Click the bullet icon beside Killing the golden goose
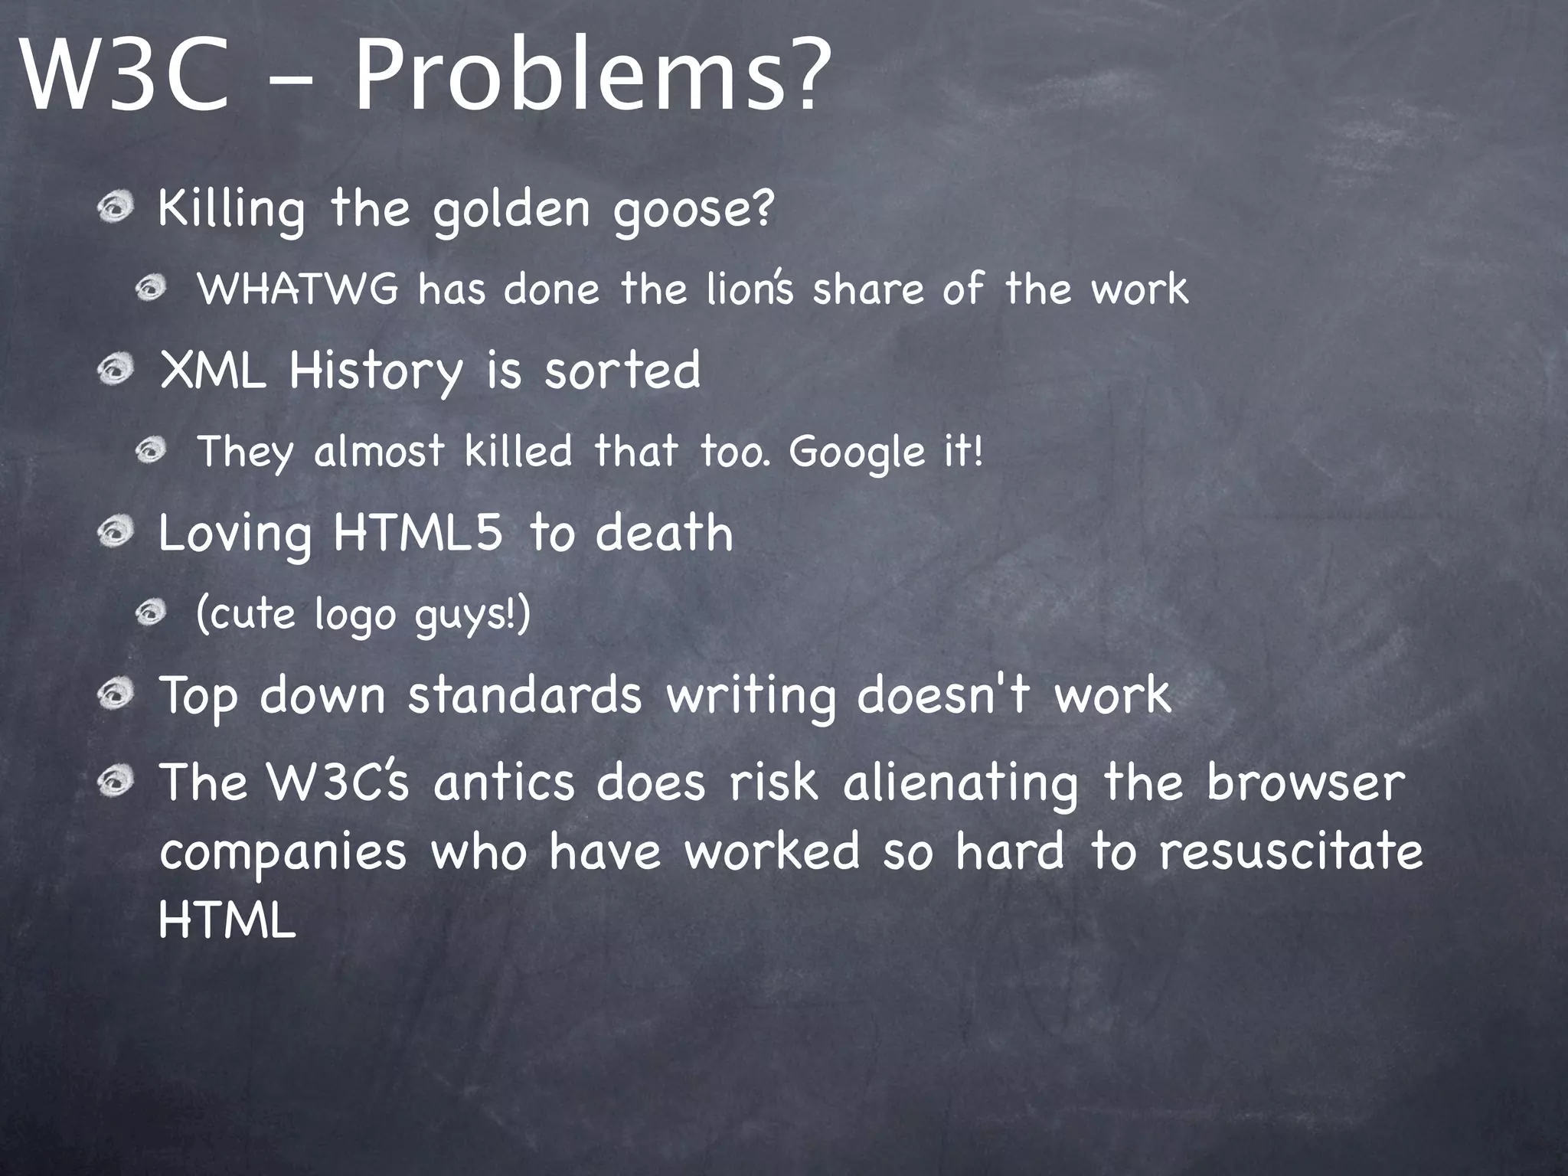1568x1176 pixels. click(x=116, y=208)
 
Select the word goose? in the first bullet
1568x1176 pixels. click(x=694, y=208)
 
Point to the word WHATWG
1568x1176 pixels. click(x=299, y=289)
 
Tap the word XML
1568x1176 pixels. click(x=213, y=371)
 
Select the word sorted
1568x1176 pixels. click(x=622, y=371)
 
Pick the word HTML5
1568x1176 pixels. click(x=418, y=533)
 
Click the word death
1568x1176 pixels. click(x=664, y=533)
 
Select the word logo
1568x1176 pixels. click(x=354, y=615)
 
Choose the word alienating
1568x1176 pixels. click(x=960, y=782)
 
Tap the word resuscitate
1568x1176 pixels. click(x=1290, y=851)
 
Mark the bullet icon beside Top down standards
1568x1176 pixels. click(x=116, y=695)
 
